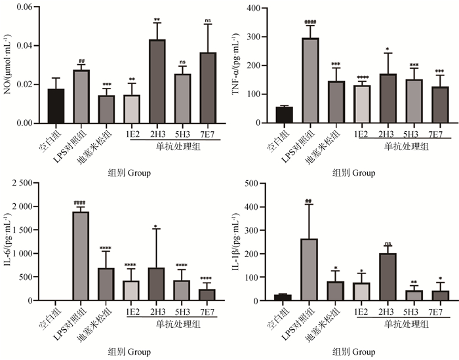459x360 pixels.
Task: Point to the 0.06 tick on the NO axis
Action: pos(24,7)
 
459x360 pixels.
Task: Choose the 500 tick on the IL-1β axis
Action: pos(254,182)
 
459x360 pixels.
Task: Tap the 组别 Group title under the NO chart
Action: pos(129,173)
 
